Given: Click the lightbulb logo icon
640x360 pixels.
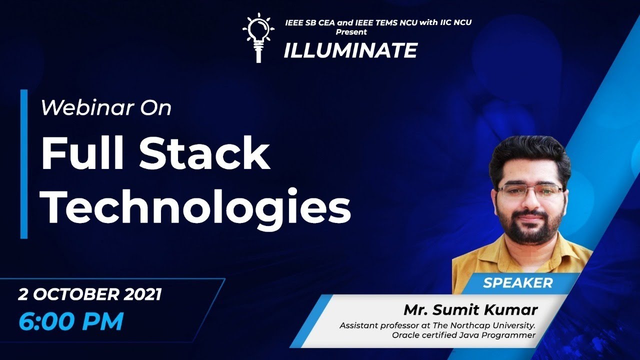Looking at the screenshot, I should coord(258,37).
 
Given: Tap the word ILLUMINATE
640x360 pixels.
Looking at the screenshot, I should coord(350,50).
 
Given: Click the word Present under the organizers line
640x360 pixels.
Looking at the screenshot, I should coord(351,32).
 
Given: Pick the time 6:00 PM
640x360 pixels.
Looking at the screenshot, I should coord(70,321).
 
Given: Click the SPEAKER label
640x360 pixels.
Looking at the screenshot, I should coord(517,283).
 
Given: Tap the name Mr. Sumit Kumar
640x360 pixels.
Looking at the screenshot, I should coord(470,309).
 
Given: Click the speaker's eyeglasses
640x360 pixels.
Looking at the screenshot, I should coord(530,191).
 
